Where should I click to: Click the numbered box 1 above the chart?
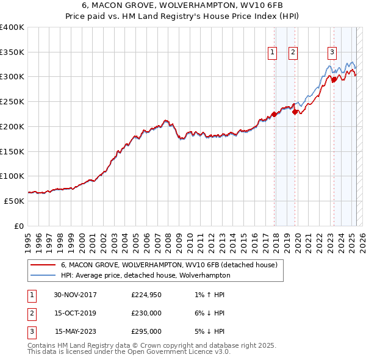pyautogui.click(x=271, y=52)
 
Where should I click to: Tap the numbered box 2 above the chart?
pyautogui.click(x=293, y=52)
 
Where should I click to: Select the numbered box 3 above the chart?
pyautogui.click(x=332, y=52)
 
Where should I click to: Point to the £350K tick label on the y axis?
pyautogui.click(x=12, y=52)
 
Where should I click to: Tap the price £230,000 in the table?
pyautogui.click(x=146, y=313)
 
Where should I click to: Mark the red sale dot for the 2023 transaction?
pyautogui.click(x=334, y=79)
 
